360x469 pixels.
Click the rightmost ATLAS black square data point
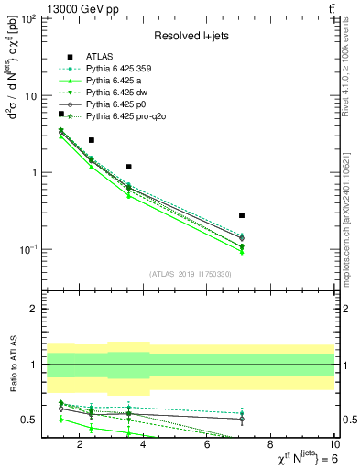pos(242,214)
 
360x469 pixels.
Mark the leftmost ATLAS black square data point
pos(61,114)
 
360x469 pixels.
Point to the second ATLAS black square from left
pos(91,140)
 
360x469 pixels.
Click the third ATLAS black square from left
pos(129,167)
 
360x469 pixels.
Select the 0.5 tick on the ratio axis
pos(30,420)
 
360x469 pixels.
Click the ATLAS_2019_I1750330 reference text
pos(190,274)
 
